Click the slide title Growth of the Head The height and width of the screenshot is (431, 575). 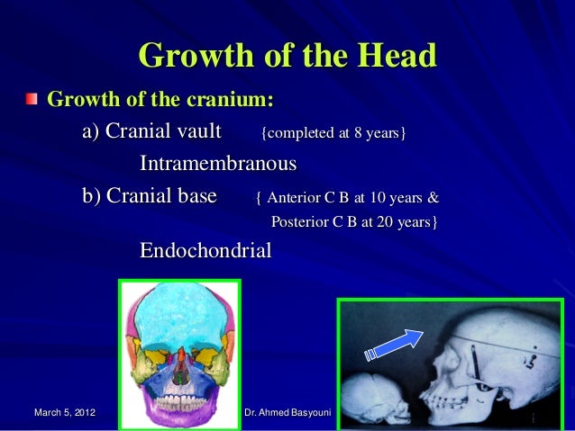point(287,56)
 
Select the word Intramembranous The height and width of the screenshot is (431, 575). point(218,166)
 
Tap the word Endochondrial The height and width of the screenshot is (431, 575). point(205,250)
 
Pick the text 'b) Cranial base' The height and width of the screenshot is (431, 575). point(150,197)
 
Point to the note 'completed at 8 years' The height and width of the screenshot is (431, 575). point(333,134)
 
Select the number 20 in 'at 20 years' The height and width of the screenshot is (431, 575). point(383,221)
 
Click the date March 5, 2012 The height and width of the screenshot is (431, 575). point(64,413)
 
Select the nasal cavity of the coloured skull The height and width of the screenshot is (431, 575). point(181,363)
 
